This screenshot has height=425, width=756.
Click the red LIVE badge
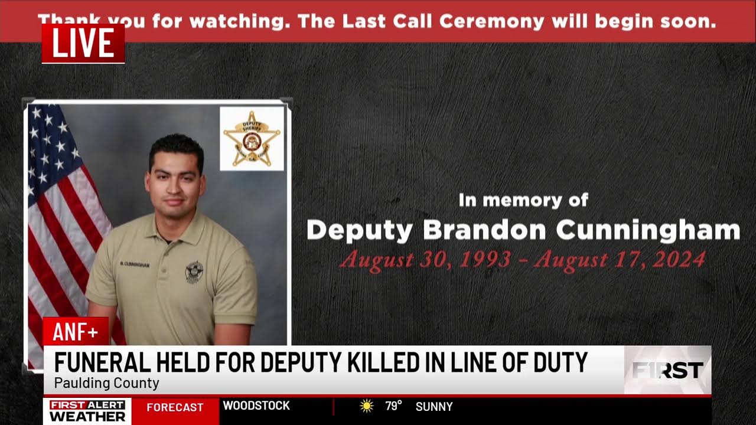coord(83,43)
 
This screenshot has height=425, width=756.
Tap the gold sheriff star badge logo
coord(252,139)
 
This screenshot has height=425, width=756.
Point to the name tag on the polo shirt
coord(135,264)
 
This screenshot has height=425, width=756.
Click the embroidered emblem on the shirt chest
coord(194,271)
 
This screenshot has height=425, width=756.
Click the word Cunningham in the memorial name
coord(648,230)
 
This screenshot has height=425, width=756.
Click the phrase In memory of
coord(523,201)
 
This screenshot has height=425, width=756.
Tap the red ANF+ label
coord(76,332)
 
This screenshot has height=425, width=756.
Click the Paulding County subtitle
coord(106,383)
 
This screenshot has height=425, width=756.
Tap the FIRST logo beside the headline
coord(667,370)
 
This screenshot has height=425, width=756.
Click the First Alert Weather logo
coord(87,411)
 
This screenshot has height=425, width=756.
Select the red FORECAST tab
coord(175,407)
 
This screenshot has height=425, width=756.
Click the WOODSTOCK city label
coord(256,406)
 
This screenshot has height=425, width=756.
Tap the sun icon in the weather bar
coord(367,406)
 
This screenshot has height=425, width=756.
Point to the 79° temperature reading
coord(393,406)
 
